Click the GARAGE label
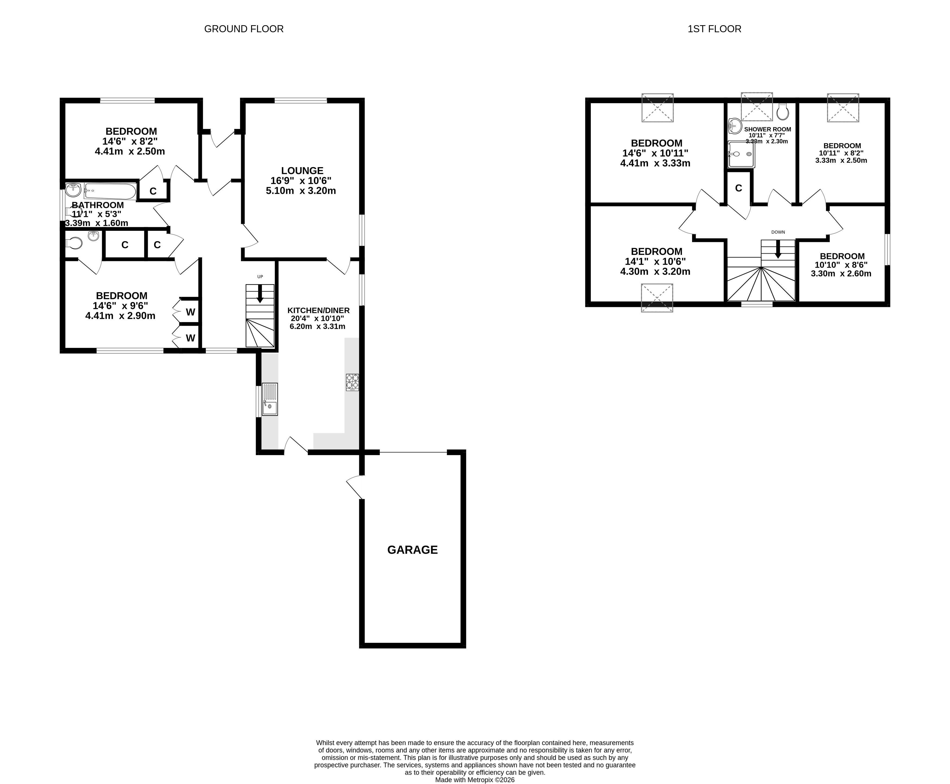point(412,550)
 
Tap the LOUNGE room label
point(302,171)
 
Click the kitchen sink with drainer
point(270,399)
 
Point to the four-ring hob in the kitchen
point(352,382)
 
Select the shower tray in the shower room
point(741,154)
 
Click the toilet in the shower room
point(783,112)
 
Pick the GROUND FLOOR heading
point(244,29)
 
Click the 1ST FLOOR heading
point(714,29)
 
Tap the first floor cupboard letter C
point(738,188)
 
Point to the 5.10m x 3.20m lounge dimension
point(301,190)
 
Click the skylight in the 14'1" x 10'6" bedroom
point(657,298)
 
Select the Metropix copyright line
point(475,779)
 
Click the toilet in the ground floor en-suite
point(74,244)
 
